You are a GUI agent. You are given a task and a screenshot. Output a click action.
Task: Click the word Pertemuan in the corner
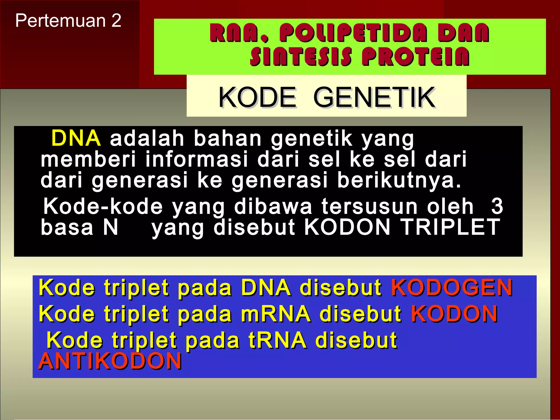coord(60,21)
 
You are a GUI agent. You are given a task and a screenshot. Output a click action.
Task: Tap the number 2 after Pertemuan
coord(116,21)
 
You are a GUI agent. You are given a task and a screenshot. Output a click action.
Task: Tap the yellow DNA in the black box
coord(76,138)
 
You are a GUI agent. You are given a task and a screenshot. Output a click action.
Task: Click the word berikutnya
coord(399,180)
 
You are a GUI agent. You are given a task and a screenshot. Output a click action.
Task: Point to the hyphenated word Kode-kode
coord(103,206)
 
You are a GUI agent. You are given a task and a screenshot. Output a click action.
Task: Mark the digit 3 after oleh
coord(497,206)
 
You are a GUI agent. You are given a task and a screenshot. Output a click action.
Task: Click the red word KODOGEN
coord(452,288)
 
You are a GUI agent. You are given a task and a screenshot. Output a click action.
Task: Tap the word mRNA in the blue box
coord(276,314)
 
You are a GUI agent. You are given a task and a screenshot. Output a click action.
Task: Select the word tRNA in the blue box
coord(277,340)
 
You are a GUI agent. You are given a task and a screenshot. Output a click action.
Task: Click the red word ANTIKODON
coord(110,361)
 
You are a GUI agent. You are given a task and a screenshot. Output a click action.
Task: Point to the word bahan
coord(227,138)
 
